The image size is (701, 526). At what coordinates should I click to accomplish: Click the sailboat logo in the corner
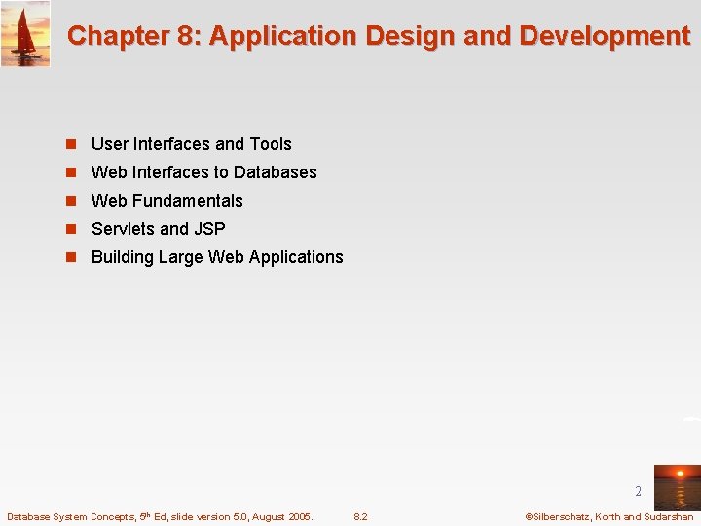(25, 34)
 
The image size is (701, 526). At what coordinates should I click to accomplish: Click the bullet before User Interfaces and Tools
(71, 144)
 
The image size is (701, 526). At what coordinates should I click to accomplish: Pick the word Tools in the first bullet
(271, 144)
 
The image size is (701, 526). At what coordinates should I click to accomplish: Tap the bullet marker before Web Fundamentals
(71, 201)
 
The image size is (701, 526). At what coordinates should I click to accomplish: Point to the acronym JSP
(209, 229)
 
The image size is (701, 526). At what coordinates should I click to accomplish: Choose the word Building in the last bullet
(122, 257)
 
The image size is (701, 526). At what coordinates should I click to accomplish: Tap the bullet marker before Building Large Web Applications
(71, 257)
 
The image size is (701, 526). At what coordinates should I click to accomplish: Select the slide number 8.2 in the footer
(360, 517)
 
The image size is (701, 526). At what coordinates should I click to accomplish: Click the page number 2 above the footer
(639, 492)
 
